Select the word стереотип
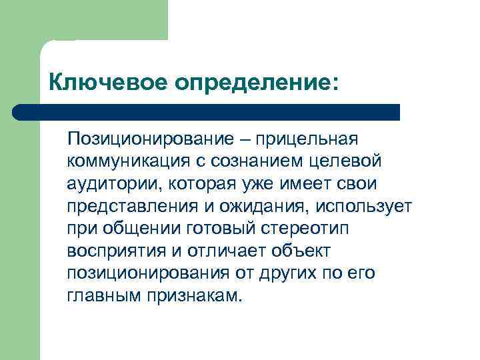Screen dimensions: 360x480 pos(307,229)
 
